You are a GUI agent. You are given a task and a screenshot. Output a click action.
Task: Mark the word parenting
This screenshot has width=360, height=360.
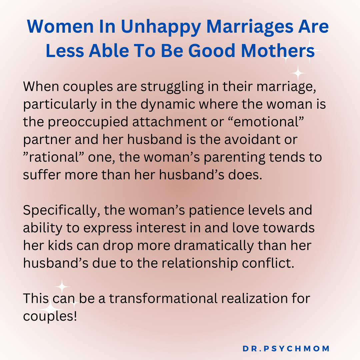(232, 157)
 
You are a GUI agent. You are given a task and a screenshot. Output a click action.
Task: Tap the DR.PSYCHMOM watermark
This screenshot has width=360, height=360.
(286, 349)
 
